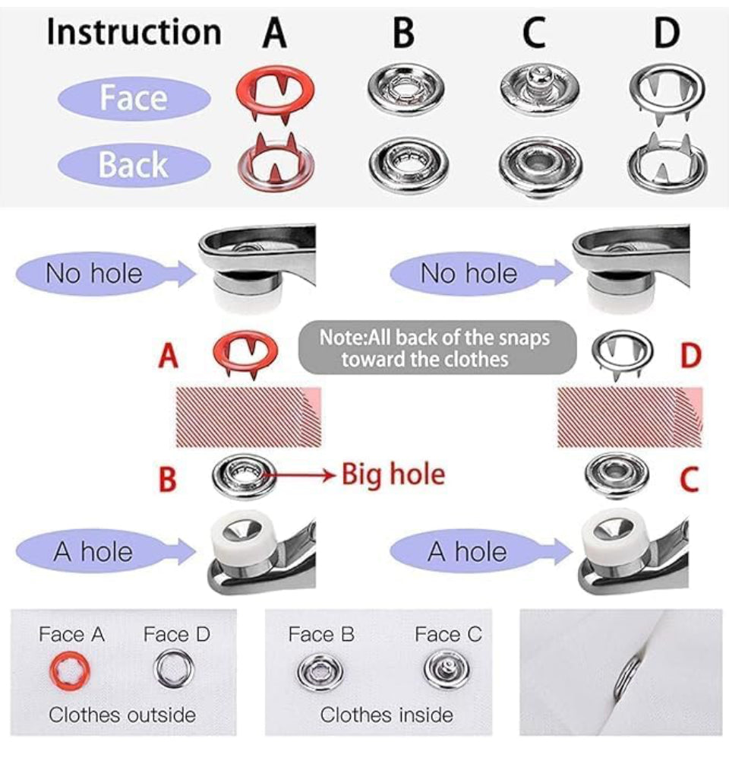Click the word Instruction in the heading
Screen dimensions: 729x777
pyautogui.click(x=134, y=33)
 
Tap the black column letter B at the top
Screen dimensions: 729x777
pyautogui.click(x=403, y=33)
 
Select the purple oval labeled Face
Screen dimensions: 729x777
pyautogui.click(x=134, y=98)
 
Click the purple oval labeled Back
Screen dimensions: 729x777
pyautogui.click(x=134, y=165)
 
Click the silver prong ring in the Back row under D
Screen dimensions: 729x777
pyautogui.click(x=667, y=163)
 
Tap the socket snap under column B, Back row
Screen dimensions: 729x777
pyautogui.click(x=409, y=164)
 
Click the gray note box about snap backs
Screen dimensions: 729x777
pyautogui.click(x=437, y=347)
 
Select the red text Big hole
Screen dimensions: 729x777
pyautogui.click(x=393, y=474)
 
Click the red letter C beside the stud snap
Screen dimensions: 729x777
pyautogui.click(x=690, y=479)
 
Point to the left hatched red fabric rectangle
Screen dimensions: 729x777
pyautogui.click(x=248, y=417)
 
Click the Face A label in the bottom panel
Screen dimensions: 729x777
pyautogui.click(x=72, y=634)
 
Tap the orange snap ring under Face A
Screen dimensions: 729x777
pyautogui.click(x=70, y=671)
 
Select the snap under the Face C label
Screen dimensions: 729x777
pyautogui.click(x=447, y=670)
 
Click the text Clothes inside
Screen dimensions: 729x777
pyautogui.click(x=387, y=715)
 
